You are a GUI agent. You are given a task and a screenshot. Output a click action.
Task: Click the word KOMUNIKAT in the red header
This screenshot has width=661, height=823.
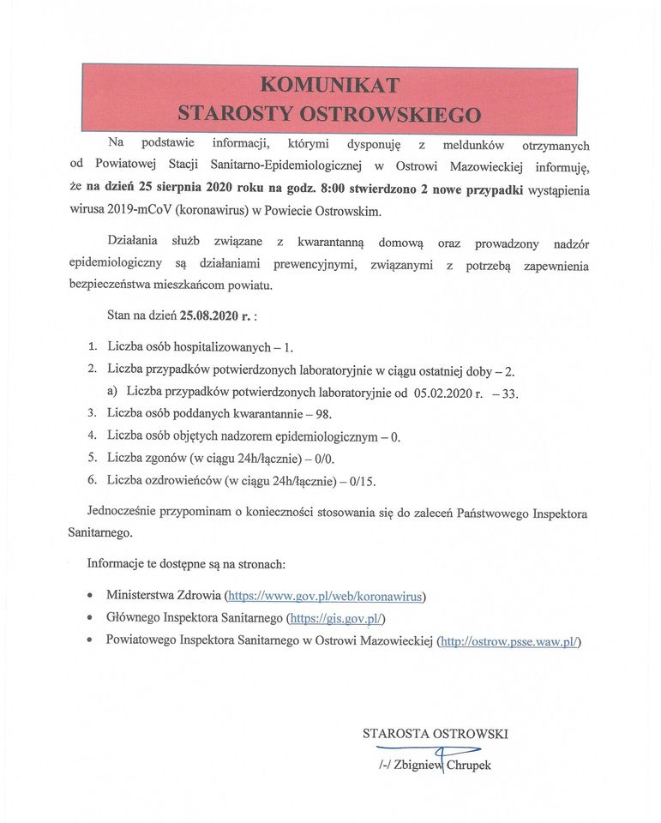(329, 84)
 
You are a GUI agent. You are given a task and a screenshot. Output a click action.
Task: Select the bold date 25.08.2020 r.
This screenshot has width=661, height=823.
(214, 315)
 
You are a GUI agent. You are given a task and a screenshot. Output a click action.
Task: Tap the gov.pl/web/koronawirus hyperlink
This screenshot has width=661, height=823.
(324, 594)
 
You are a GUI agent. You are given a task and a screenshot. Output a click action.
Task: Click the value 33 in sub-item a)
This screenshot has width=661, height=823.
(511, 393)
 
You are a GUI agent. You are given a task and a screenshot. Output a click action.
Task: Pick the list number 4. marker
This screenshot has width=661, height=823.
(92, 436)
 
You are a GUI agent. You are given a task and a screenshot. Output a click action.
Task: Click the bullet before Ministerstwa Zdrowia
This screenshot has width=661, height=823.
(92, 594)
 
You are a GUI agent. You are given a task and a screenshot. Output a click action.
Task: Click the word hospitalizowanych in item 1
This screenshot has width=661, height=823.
(213, 348)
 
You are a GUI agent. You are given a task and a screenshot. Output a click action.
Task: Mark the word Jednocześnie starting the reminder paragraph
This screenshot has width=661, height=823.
(128, 512)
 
